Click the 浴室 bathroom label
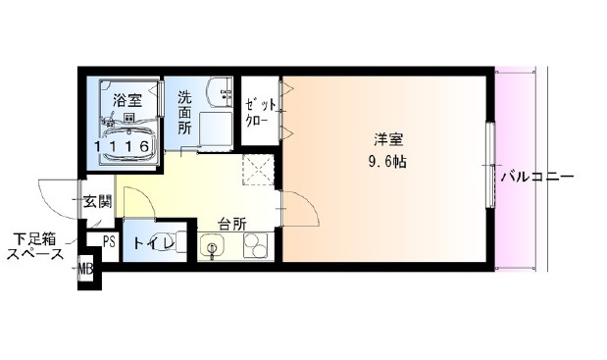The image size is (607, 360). (x=127, y=100)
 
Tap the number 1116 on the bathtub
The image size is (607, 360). (x=122, y=146)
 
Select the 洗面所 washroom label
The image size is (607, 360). (x=184, y=112)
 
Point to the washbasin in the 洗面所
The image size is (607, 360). (x=219, y=92)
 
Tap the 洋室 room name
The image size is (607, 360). (x=388, y=139)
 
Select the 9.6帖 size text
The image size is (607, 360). (x=387, y=162)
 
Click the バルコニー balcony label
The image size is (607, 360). (x=537, y=178)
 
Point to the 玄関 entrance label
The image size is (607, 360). (x=98, y=201)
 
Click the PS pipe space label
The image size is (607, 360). (x=109, y=242)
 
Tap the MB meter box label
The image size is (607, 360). (x=85, y=268)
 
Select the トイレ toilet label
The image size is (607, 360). (x=153, y=243)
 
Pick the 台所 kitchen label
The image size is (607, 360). (x=232, y=224)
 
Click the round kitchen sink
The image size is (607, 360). (x=212, y=246)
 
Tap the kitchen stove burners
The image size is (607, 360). (x=256, y=246)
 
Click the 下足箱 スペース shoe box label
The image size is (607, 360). (x=35, y=246)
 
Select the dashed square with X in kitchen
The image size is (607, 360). (x=258, y=170)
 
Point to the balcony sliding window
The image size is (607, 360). (x=491, y=166)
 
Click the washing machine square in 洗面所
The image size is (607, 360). (x=216, y=130)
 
